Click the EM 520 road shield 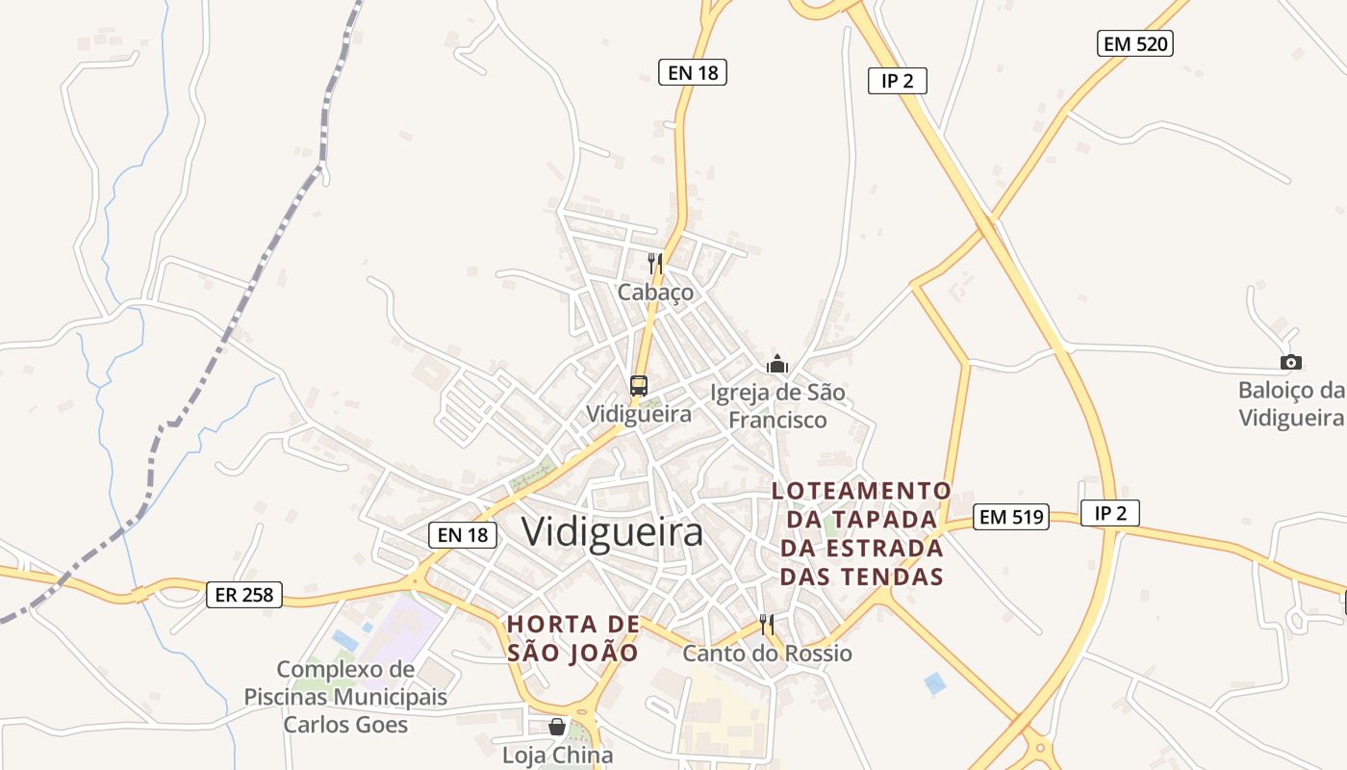pyautogui.click(x=1135, y=43)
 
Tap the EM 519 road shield pyautogui.click(x=1010, y=517)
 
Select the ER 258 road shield pyautogui.click(x=244, y=595)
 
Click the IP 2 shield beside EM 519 pyautogui.click(x=1109, y=514)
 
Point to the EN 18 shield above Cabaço pyautogui.click(x=692, y=72)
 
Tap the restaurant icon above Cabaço pyautogui.click(x=655, y=263)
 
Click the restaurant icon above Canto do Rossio pyautogui.click(x=767, y=625)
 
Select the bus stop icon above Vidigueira pyautogui.click(x=638, y=386)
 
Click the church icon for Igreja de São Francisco pyautogui.click(x=776, y=364)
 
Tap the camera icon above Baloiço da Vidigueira pyautogui.click(x=1291, y=362)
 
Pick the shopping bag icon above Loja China pyautogui.click(x=557, y=727)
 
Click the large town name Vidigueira pyautogui.click(x=613, y=532)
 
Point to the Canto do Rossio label pyautogui.click(x=767, y=654)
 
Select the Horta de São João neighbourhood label pyautogui.click(x=573, y=638)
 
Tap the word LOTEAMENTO pyautogui.click(x=861, y=491)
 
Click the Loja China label pyautogui.click(x=557, y=756)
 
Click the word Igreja pyautogui.click(x=741, y=393)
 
